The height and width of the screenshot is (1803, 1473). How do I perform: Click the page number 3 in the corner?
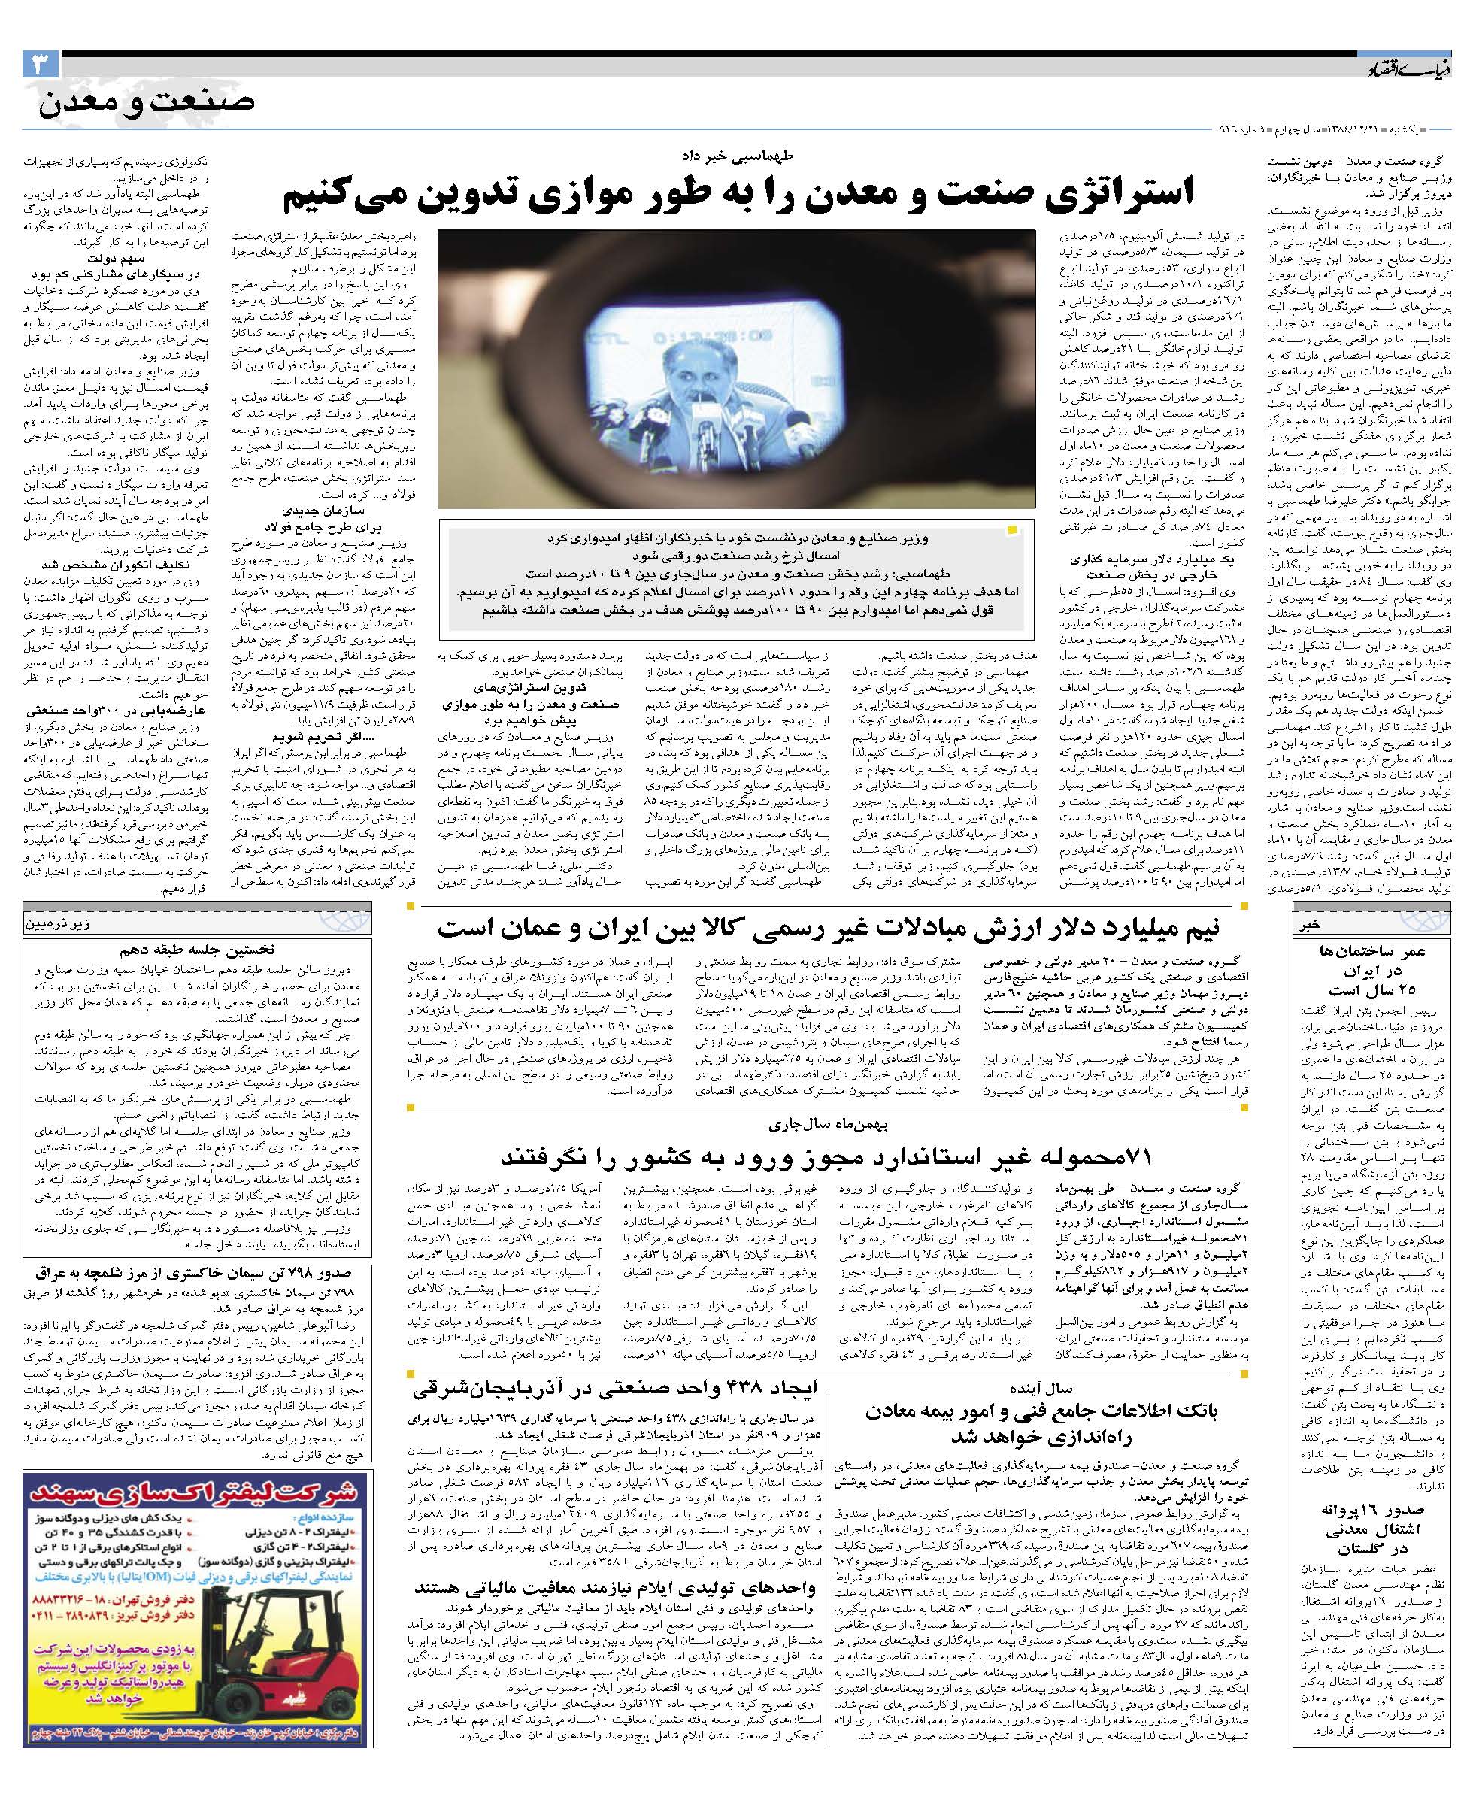[x=41, y=65]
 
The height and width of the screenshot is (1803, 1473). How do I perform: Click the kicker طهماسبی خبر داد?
[x=737, y=156]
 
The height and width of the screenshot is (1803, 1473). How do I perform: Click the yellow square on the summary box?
[x=1011, y=530]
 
